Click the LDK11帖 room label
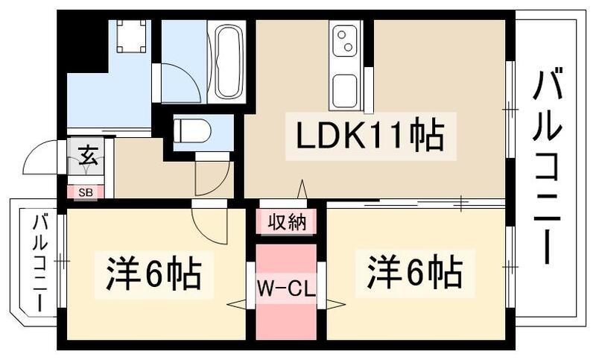pos(370,136)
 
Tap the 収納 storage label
pos(288,222)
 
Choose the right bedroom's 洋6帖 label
pos(413,271)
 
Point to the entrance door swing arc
pos(41,158)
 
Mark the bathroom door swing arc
pos(181,82)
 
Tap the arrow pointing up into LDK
pos(302,189)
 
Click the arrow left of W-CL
pos(237,303)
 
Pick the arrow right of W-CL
pos(335,303)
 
